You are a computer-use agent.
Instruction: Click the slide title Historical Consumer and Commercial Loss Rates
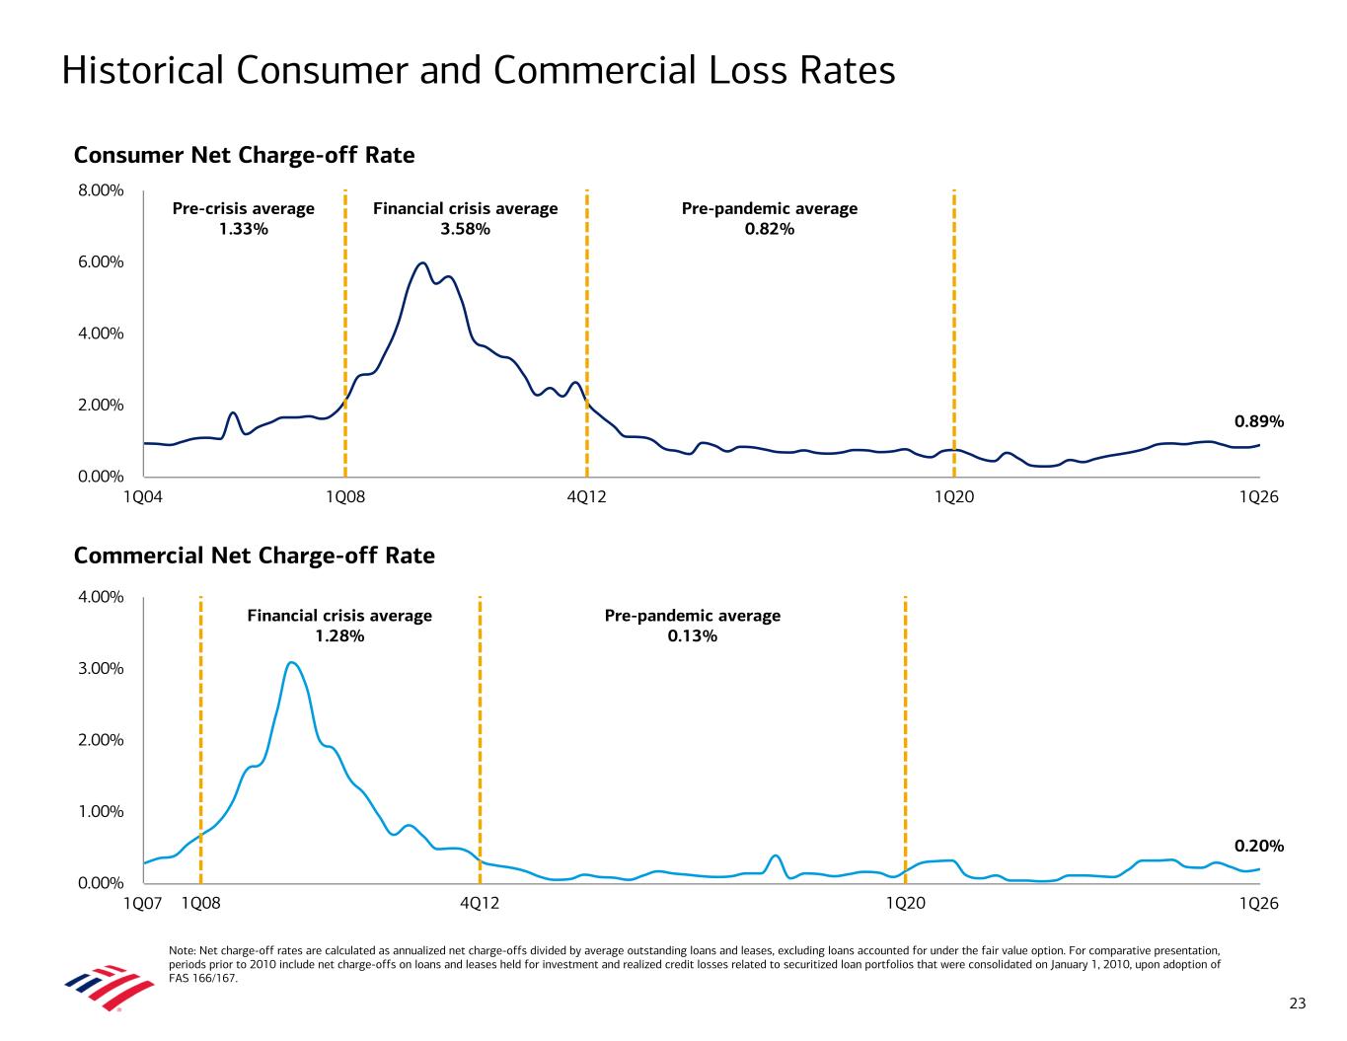(x=478, y=71)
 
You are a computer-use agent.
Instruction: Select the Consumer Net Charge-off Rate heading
(x=244, y=156)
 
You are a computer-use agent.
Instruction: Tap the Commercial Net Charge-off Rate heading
(x=254, y=557)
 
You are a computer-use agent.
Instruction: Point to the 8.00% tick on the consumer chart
(x=101, y=190)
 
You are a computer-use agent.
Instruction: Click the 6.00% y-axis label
(x=101, y=262)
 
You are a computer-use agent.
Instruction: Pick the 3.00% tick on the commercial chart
(x=101, y=669)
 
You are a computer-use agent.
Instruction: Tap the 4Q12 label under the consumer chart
(x=587, y=497)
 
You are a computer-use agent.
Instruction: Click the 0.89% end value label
(x=1259, y=422)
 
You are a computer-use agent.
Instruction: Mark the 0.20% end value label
(x=1259, y=847)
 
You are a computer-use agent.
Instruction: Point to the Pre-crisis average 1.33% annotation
(x=244, y=219)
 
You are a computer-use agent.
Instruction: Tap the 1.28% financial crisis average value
(x=339, y=636)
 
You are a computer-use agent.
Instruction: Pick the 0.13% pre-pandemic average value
(x=692, y=636)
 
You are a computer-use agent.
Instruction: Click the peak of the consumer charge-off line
(x=422, y=263)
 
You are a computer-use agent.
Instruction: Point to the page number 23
(x=1298, y=1004)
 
